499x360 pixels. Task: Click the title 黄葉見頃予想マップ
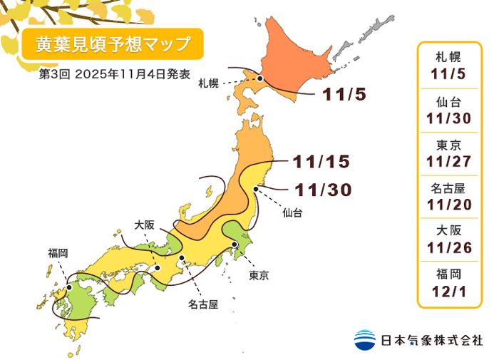[113, 45]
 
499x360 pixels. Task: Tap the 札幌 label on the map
[207, 83]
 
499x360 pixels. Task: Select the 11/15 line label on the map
[321, 162]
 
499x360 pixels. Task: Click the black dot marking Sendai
[256, 188]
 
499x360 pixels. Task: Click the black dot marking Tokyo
[235, 245]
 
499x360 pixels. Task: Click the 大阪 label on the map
[145, 224]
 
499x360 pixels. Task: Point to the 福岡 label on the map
[58, 252]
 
